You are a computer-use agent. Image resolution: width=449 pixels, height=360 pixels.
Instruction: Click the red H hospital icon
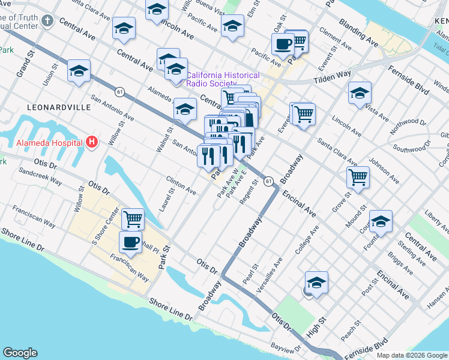[x=91, y=142]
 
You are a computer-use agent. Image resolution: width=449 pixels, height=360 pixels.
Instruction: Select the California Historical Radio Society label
[x=223, y=79]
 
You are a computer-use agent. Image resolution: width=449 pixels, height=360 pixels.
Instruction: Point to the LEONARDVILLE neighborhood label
[x=59, y=107]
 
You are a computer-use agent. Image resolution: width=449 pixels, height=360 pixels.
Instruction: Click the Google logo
[x=20, y=353]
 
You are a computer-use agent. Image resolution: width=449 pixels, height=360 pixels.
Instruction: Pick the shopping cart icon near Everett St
[x=303, y=112]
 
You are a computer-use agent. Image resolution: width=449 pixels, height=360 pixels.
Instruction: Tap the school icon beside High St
[x=316, y=281]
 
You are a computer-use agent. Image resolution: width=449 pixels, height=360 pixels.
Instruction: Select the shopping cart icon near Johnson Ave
[x=358, y=177]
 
